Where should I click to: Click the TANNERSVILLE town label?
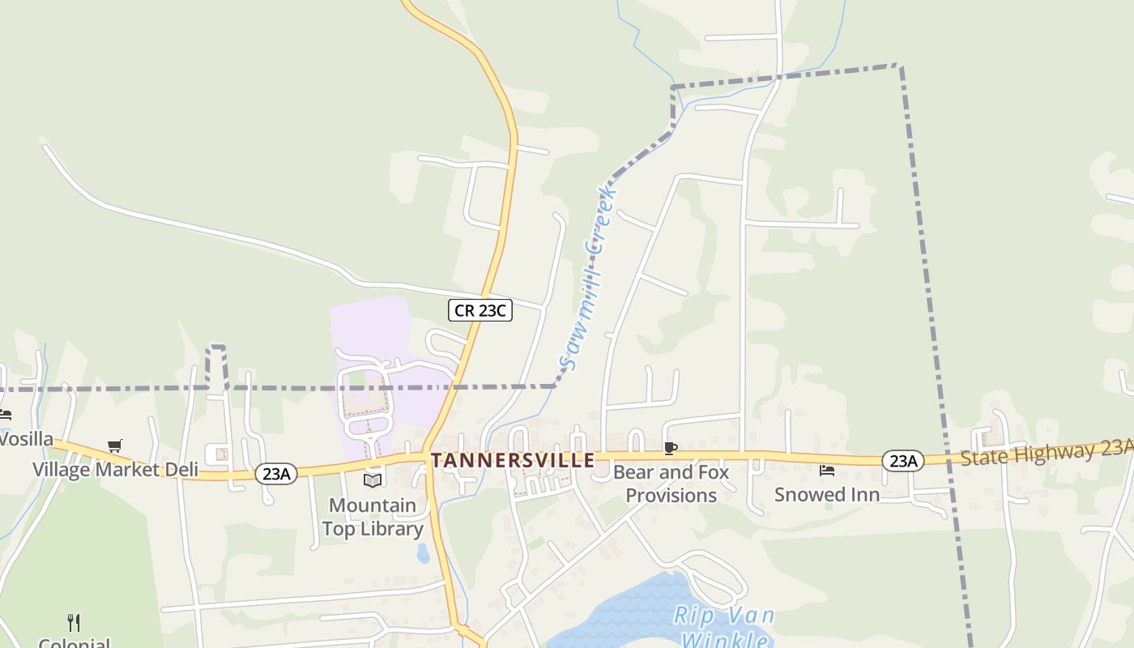coord(513,461)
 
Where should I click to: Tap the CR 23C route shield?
coord(480,310)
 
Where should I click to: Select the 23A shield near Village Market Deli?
coord(275,474)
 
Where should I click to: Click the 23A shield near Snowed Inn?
coord(902,461)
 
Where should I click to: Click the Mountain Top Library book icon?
coord(373,480)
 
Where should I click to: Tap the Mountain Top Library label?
coord(373,517)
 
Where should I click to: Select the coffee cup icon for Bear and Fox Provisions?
coord(670,448)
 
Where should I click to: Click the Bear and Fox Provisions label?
coord(671,484)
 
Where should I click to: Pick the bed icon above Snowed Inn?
coord(827,470)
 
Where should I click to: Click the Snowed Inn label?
coord(827,494)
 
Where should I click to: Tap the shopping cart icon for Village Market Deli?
coord(114,446)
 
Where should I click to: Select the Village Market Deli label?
coord(115,469)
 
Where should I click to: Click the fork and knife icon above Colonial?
coord(74,622)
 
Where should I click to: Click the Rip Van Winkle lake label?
coord(723,626)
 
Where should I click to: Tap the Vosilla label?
coord(26,440)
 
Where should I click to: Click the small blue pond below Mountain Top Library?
coord(423,553)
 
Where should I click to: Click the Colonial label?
coord(74,643)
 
